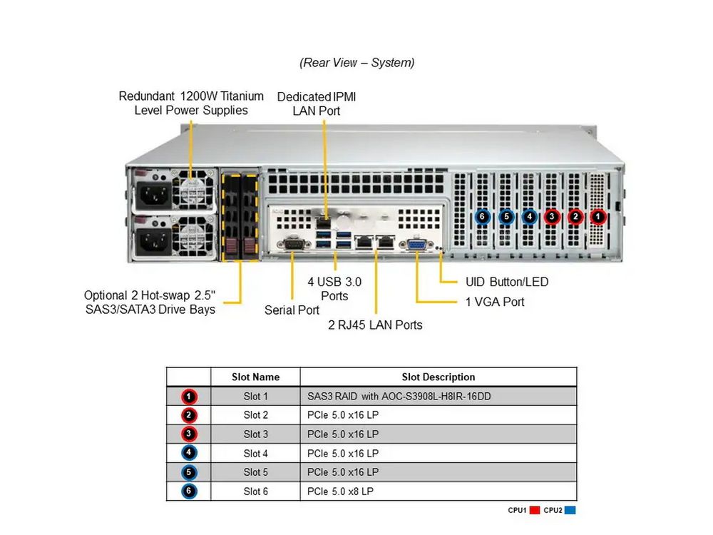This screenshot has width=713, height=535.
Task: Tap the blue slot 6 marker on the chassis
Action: (x=483, y=216)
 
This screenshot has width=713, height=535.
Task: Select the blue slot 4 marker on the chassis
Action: (x=529, y=216)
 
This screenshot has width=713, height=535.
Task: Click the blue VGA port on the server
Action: (x=415, y=245)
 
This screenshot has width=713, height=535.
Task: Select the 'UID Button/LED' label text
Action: (x=507, y=282)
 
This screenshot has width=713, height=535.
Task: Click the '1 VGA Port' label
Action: (x=495, y=302)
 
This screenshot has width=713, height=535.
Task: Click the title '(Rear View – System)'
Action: (x=356, y=63)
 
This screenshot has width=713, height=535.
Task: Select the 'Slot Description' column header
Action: (x=438, y=377)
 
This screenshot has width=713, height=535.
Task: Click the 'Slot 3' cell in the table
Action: (x=255, y=434)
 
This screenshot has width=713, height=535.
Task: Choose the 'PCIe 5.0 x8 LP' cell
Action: (x=340, y=491)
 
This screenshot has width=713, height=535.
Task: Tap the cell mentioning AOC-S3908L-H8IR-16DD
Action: (x=399, y=396)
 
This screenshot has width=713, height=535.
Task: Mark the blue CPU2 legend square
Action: (x=570, y=510)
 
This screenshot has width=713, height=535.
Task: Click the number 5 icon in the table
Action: (x=189, y=472)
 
